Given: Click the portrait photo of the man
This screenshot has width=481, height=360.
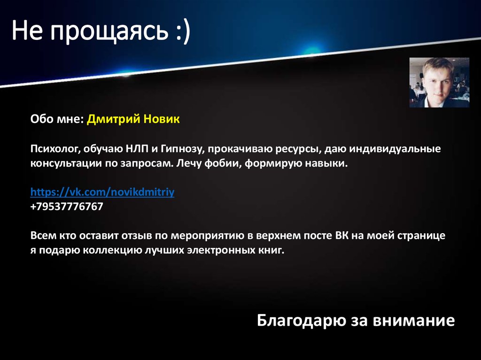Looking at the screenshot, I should pyautogui.click(x=439, y=83).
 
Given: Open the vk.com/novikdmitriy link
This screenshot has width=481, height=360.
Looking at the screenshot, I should pyautogui.click(x=102, y=192).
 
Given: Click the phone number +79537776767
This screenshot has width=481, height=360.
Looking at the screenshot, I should pyautogui.click(x=67, y=207).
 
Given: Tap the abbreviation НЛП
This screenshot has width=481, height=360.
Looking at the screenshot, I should pyautogui.click(x=137, y=149).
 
